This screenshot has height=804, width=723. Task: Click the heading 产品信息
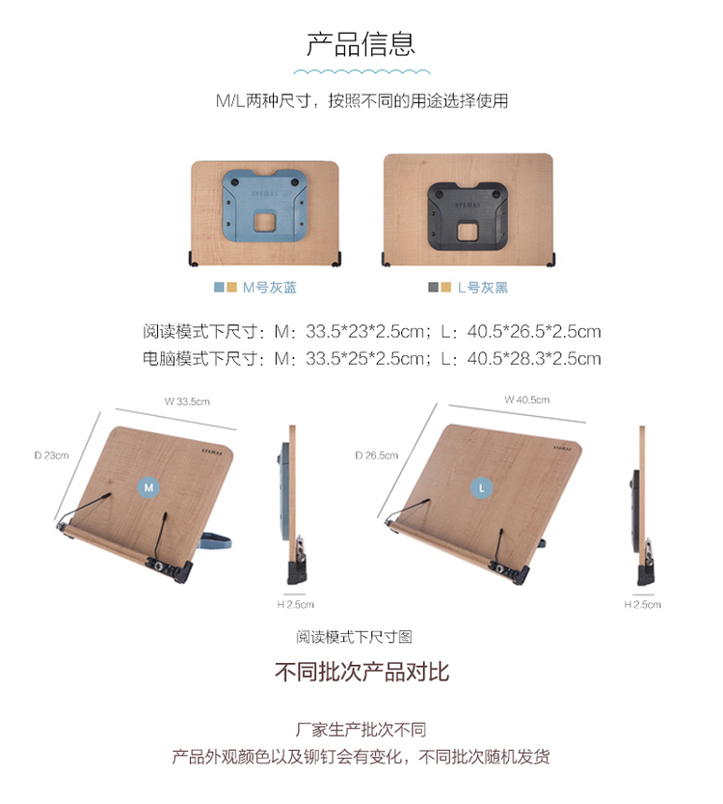[x=361, y=44]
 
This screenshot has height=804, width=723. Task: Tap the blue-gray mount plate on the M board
[x=264, y=206]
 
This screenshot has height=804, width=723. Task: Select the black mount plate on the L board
[x=467, y=216]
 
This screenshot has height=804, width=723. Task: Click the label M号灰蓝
[x=269, y=288]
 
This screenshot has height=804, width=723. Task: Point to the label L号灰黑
[x=482, y=288]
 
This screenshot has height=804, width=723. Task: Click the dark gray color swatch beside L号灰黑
[x=433, y=288]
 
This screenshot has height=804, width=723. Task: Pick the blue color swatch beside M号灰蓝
[x=219, y=288]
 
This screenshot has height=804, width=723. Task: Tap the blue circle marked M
[x=148, y=487]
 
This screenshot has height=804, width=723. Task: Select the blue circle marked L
[x=481, y=487]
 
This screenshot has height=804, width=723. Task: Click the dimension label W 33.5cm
[x=187, y=402]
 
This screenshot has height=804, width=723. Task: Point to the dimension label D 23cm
[x=52, y=456]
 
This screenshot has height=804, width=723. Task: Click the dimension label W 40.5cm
[x=527, y=400]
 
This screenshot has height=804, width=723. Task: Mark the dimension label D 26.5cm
[x=377, y=456]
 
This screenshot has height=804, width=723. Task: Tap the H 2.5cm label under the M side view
[x=295, y=605]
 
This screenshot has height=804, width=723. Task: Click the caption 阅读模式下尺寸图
[x=355, y=637]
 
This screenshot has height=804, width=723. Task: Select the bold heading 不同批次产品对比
[x=361, y=672]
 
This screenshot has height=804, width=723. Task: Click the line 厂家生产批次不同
[x=361, y=729]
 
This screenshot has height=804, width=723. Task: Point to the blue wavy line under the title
[x=361, y=71]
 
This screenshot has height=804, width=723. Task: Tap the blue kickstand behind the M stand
[x=215, y=541]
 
